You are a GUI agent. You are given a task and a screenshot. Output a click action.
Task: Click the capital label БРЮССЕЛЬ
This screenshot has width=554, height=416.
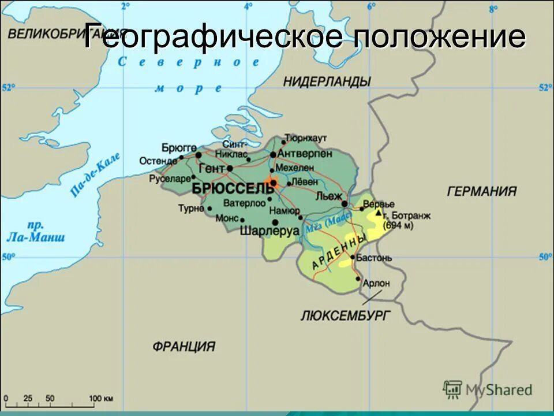point(232,189)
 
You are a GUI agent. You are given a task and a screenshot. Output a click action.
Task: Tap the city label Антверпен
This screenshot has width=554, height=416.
point(304,154)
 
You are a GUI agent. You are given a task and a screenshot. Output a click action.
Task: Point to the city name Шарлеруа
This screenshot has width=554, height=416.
point(269,231)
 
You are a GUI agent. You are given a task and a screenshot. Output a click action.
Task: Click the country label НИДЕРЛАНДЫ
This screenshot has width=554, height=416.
point(327,81)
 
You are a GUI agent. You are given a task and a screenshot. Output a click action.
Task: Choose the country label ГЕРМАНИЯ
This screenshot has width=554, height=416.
point(482,191)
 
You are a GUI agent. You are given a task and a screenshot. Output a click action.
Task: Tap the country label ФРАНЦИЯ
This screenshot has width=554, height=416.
point(184,347)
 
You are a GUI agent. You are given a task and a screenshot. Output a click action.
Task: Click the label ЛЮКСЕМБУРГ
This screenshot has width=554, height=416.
point(346,315)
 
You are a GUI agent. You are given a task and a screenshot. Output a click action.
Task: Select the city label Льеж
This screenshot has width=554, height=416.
point(329,196)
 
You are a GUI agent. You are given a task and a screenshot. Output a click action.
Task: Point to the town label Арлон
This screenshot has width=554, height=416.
point(377,283)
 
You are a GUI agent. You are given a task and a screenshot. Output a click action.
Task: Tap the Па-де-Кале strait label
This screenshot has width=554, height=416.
point(96,174)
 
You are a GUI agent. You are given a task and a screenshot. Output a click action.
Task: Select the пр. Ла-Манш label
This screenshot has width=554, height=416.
point(36,231)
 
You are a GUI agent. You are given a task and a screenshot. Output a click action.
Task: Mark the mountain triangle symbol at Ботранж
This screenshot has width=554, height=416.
point(379,213)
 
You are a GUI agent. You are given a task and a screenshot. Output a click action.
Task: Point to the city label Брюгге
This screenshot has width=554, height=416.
point(179,148)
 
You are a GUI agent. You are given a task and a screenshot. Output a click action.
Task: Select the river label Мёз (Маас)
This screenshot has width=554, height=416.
point(328,222)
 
